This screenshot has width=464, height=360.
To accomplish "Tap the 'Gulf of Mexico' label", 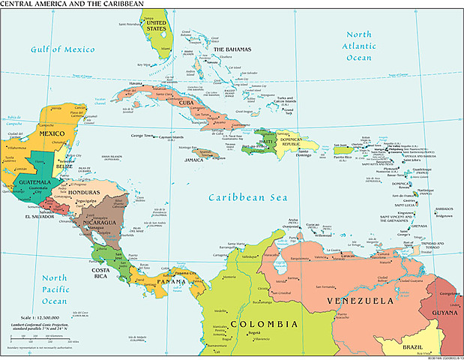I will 63,49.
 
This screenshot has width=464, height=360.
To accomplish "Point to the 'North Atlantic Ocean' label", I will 358,46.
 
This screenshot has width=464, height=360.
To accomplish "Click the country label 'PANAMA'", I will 171,282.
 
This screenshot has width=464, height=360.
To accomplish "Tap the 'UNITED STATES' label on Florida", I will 156,27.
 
